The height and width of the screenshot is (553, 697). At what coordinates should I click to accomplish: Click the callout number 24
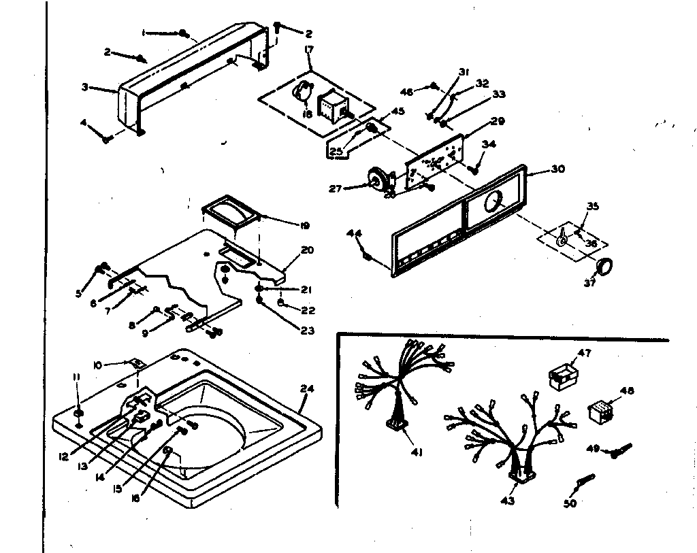[x=307, y=389]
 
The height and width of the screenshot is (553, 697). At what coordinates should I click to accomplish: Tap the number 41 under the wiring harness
[x=417, y=452]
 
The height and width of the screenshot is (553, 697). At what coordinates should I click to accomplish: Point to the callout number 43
[x=508, y=501]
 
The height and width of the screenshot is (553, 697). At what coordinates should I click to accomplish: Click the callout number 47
[x=585, y=353]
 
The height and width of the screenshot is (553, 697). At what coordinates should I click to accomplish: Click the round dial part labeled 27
[x=378, y=179]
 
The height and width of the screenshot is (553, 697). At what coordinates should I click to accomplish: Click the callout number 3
[x=85, y=87]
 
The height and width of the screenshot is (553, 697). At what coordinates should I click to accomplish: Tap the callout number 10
[x=97, y=365]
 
